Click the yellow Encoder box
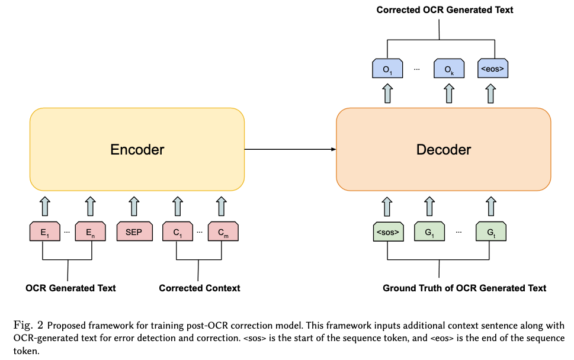(x=137, y=149)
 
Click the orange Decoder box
(x=444, y=149)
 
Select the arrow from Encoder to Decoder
(x=290, y=149)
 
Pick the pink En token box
(x=90, y=233)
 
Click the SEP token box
(x=134, y=233)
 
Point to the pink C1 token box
(x=178, y=233)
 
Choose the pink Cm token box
(x=222, y=233)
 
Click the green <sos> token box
(x=387, y=233)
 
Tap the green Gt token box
(x=490, y=233)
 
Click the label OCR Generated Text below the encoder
(x=70, y=288)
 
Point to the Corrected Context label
(x=200, y=288)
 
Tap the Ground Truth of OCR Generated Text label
(x=464, y=288)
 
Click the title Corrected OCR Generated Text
(x=445, y=10)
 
